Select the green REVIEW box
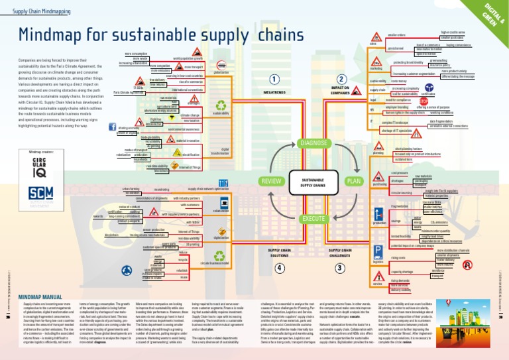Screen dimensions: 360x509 [271, 180]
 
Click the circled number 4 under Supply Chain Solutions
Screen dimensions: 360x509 [280, 268]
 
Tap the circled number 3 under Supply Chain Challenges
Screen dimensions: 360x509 [340, 268]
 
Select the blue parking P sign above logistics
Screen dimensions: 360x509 [378, 251]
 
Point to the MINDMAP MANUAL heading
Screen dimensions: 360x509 [40, 298]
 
